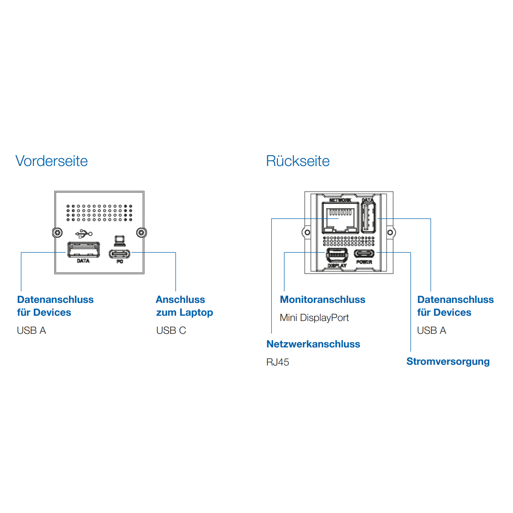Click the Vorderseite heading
coord(52,161)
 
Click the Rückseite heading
coord(298,161)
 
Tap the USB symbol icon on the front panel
coord(84,234)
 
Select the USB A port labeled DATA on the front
coord(84,250)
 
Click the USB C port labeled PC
coord(120,254)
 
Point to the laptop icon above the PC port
coord(120,241)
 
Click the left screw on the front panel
coord(57,233)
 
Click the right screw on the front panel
coord(141,233)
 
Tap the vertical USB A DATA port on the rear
coord(369,218)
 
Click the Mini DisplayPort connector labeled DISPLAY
coord(337,255)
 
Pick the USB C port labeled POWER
coord(364,253)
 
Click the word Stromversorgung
coord(448,362)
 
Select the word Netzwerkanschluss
coord(313,344)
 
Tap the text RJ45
coord(278,362)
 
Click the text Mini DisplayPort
coord(315,318)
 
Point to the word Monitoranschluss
coord(323,300)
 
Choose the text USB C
coord(171,331)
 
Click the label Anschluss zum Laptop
coord(184,306)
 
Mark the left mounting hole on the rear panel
coord(307,232)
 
